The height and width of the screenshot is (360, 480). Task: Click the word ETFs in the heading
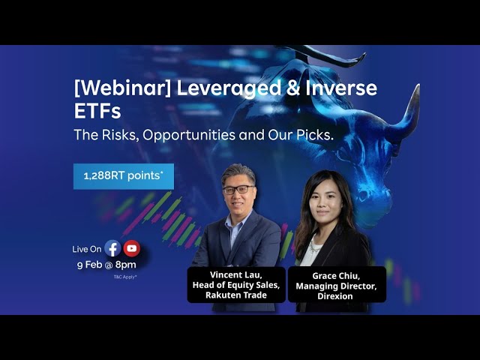(97, 113)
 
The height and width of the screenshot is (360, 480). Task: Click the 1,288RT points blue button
(124, 176)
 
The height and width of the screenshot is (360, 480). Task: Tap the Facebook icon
(112, 248)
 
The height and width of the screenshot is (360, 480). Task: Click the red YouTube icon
(132, 248)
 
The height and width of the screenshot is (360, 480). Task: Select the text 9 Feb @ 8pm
(106, 265)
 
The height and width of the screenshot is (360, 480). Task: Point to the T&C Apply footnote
(124, 277)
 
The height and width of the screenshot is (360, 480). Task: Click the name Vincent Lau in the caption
(235, 274)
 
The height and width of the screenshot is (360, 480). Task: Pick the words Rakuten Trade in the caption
(235, 295)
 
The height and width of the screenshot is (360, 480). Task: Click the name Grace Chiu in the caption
(337, 275)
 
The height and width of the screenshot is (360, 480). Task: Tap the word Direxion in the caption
(337, 295)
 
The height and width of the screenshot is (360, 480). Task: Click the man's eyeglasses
(238, 190)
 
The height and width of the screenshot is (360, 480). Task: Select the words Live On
(86, 249)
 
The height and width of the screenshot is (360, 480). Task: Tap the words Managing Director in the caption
(337, 285)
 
